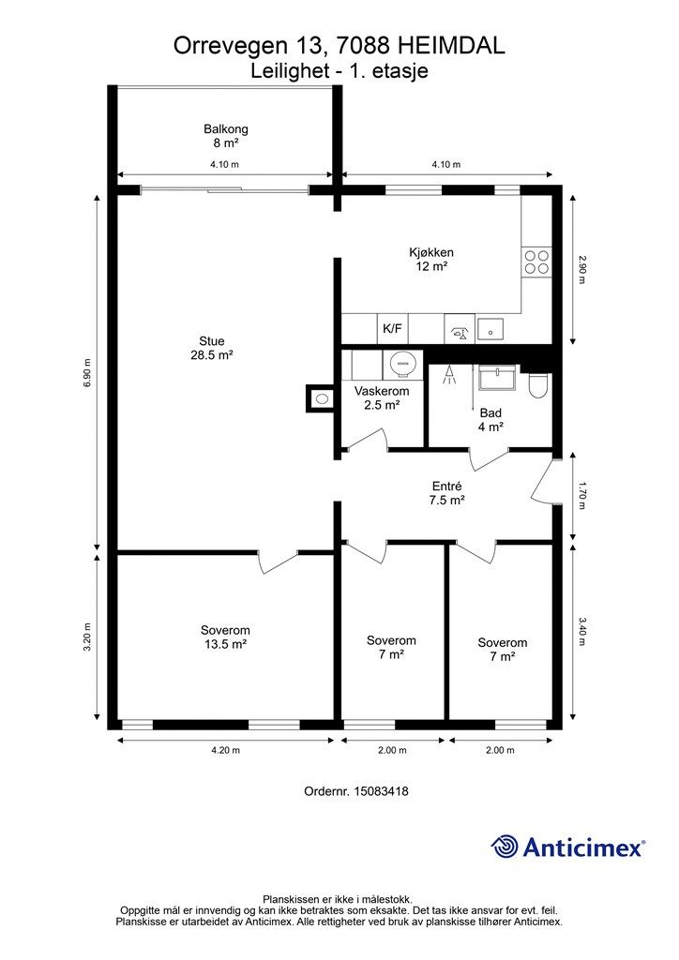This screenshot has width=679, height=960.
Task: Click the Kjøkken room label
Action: tap(431, 259)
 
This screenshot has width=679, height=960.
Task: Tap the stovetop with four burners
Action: tap(537, 262)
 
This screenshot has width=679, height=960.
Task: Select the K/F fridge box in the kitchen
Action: tap(392, 329)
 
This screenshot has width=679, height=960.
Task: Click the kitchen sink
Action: tap(490, 328)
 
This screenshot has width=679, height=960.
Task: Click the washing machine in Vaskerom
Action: tap(402, 364)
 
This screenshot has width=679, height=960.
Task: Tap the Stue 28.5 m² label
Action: tap(212, 348)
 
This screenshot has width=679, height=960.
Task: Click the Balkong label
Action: tap(226, 136)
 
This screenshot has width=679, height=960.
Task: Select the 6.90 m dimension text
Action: tap(87, 373)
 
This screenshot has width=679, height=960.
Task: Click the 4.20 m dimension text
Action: tap(225, 750)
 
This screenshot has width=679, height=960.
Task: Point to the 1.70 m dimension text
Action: tap(581, 498)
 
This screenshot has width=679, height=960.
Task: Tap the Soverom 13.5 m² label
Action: tap(225, 637)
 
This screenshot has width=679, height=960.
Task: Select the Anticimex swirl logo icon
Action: tap(505, 847)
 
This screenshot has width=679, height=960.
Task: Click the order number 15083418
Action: tap(379, 791)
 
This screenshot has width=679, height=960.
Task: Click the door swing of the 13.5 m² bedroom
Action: tap(279, 562)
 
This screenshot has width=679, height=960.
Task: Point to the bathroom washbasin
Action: tap(498, 379)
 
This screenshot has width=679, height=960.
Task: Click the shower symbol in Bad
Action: tap(449, 375)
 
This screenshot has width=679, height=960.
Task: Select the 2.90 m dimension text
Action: tap(581, 270)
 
